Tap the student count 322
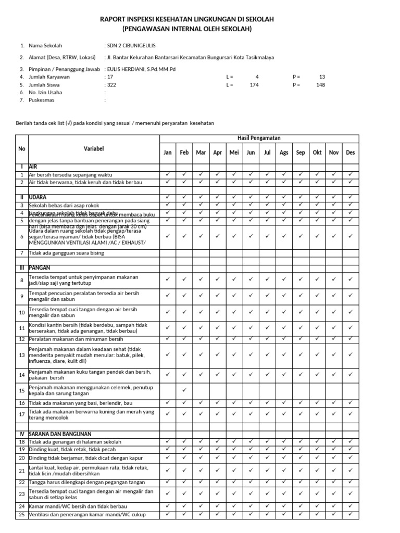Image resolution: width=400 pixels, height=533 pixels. (x=111, y=84)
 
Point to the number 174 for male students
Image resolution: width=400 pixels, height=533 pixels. (x=254, y=84)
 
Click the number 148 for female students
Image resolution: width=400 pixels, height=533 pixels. (x=320, y=84)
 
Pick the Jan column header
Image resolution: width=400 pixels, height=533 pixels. (x=168, y=153)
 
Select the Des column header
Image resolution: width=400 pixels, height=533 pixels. (x=351, y=153)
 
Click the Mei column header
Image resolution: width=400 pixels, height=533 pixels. (x=234, y=153)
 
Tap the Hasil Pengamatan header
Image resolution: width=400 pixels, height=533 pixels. (x=259, y=138)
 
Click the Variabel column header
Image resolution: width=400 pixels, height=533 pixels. (x=94, y=149)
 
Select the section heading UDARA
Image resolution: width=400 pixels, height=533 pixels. (x=38, y=198)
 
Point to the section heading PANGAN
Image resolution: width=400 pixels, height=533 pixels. (x=40, y=268)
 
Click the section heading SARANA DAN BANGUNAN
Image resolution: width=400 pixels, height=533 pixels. (x=60, y=434)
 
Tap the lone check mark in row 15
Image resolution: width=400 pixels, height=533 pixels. (x=184, y=389)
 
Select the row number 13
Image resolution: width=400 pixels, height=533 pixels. (x=22, y=355)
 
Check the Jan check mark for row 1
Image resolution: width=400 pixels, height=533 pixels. (x=168, y=174)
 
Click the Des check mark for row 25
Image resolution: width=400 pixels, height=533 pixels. (x=351, y=514)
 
